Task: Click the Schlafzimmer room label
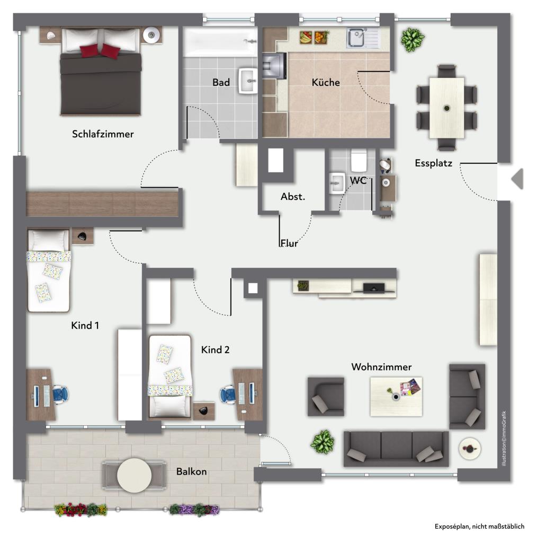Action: (103, 134)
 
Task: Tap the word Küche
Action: (325, 82)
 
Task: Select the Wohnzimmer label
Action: (381, 367)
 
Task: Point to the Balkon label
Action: (191, 471)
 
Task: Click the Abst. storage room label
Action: (293, 197)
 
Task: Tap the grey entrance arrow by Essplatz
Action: (517, 179)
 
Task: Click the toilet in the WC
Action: (359, 159)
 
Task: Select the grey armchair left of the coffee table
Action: (326, 397)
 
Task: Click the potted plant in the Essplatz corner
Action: (412, 40)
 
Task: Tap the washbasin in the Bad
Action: (248, 80)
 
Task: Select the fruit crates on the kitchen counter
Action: (313, 38)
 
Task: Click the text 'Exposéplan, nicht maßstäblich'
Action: (479, 527)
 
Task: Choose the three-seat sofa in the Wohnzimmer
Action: (396, 448)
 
